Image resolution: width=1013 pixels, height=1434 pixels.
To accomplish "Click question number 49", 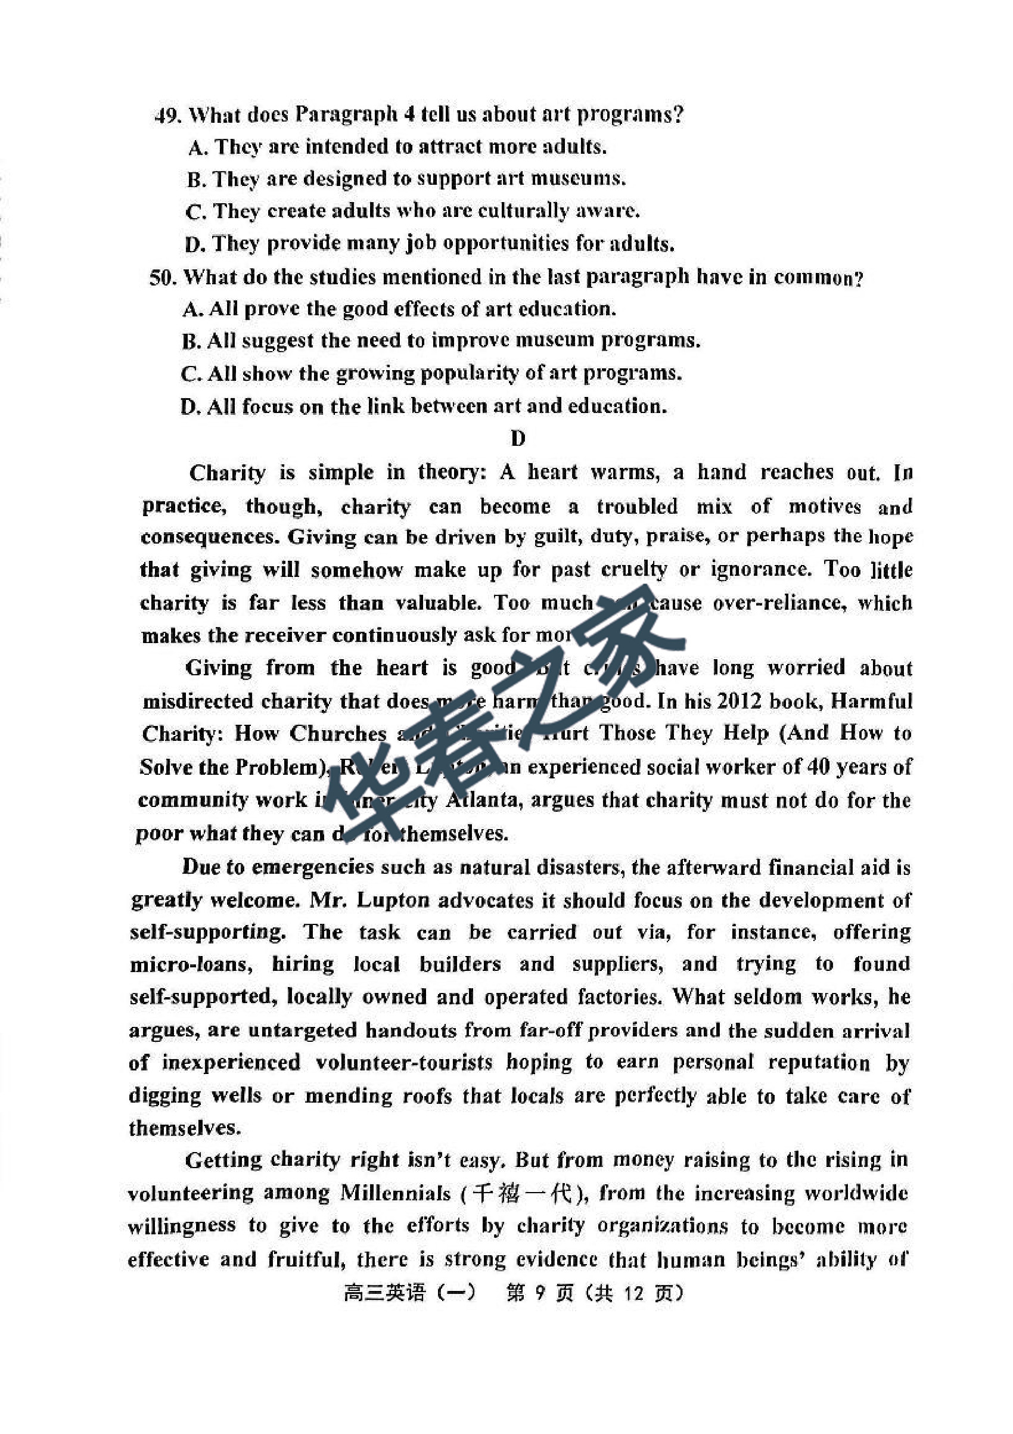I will click(x=167, y=116).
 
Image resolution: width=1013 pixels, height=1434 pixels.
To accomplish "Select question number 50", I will click(x=163, y=277).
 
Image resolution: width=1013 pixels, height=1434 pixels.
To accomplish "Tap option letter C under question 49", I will click(x=195, y=212).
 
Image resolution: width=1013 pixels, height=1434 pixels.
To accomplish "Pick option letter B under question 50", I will click(x=191, y=342).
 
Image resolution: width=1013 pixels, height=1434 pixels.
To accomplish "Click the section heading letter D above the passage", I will click(x=518, y=439).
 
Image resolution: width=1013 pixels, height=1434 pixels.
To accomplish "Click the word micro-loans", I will click(x=191, y=964).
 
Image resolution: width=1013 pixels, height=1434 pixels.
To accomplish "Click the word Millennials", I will click(x=394, y=1193).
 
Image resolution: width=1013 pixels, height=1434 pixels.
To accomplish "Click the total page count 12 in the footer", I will click(x=633, y=1292).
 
